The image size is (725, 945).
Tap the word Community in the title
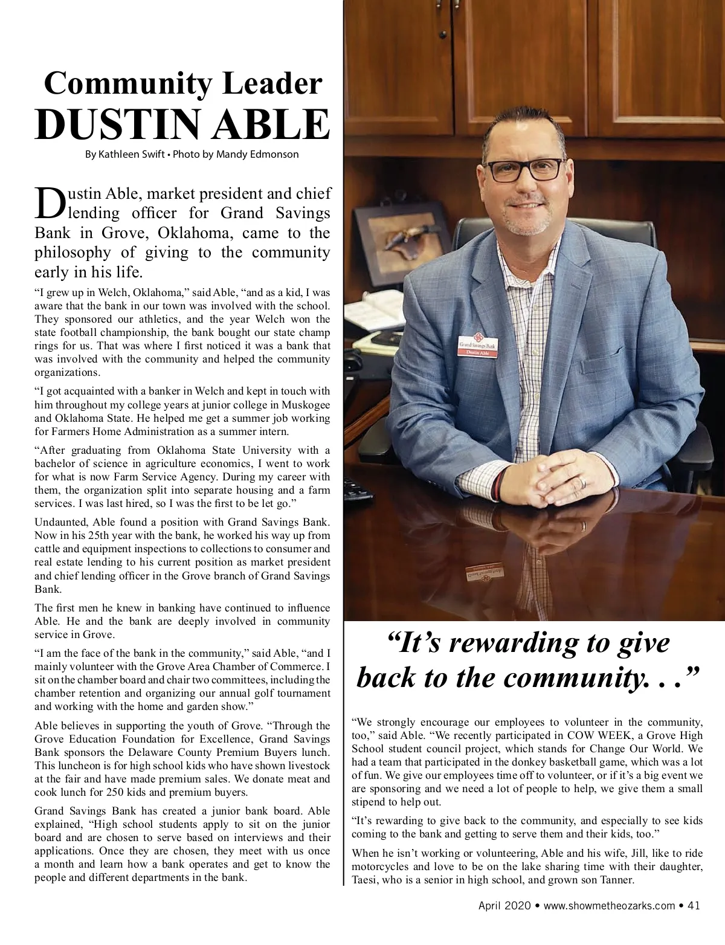pos(124,83)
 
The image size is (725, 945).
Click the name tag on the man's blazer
pos(478,346)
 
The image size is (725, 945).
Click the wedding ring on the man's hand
pos(582,482)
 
